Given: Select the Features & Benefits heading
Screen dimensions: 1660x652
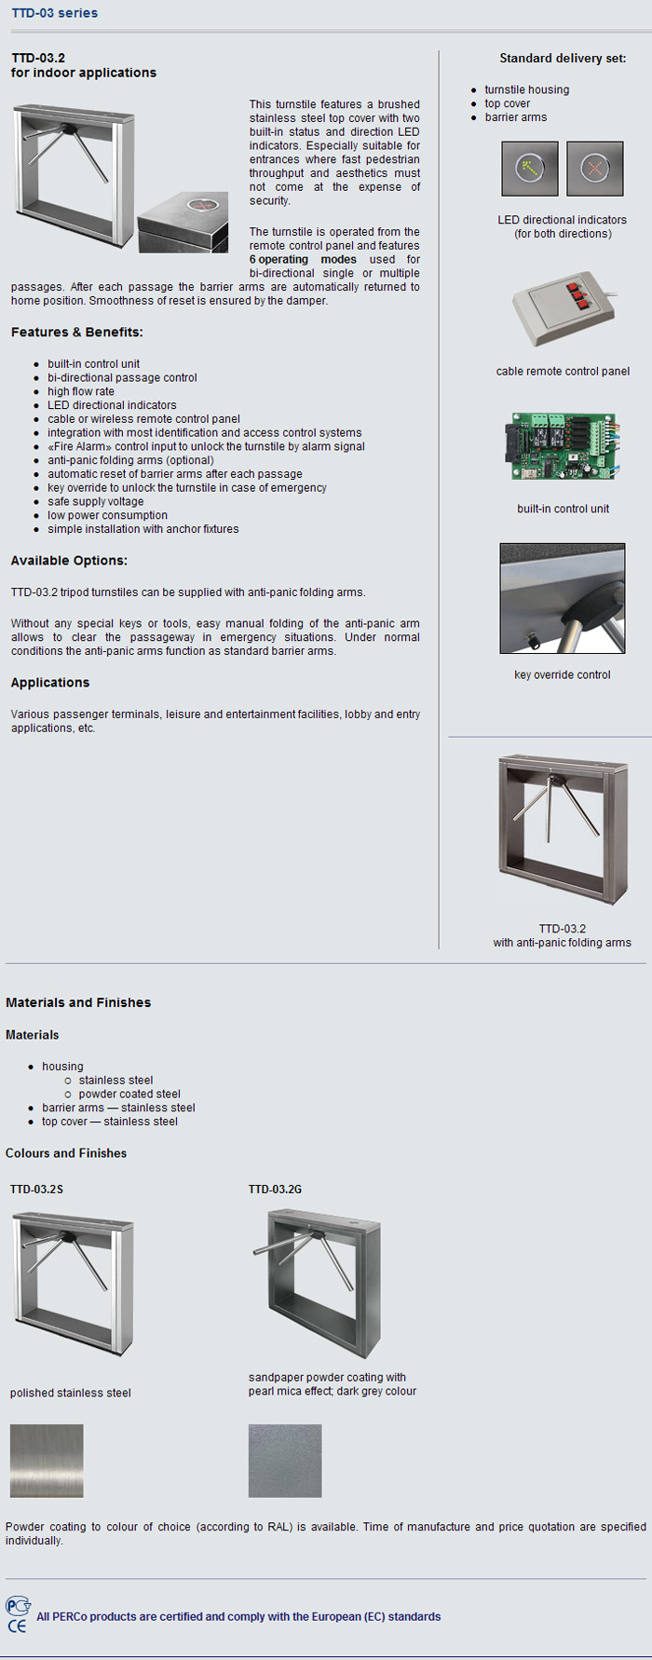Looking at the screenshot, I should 76,333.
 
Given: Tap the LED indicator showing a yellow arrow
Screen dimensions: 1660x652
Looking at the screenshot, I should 530,169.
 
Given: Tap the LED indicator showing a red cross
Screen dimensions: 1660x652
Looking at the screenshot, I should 594,169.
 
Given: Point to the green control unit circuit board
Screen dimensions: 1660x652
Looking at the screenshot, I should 563,448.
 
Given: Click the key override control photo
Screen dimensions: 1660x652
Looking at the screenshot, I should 563,598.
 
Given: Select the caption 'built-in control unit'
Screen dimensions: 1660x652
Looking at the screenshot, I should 563,509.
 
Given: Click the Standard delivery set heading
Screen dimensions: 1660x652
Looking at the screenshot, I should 563,58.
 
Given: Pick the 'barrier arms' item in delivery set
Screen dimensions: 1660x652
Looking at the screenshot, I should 515,117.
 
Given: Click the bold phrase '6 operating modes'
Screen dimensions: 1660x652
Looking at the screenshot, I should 303,260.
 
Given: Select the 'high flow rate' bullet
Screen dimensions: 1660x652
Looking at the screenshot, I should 81,391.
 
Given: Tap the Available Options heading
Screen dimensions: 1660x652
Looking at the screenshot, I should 69,561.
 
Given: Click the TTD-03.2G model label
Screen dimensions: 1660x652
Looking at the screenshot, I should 275,1190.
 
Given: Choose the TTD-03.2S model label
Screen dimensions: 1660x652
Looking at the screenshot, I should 36,1190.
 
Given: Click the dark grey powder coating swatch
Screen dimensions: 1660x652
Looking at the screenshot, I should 285,1461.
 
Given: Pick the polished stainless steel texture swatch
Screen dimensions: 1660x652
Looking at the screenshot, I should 47,1461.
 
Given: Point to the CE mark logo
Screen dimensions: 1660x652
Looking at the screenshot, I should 17,1626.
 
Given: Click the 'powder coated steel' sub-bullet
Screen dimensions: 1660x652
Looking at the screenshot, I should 129,1095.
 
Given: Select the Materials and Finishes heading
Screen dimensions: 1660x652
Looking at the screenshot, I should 78,1003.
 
